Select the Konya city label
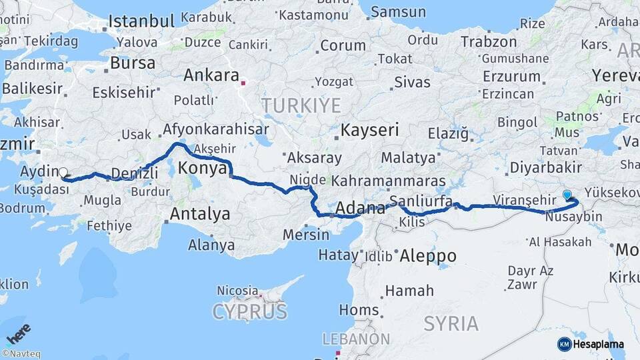[203, 168]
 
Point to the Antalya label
[200, 214]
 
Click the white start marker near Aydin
[63, 173]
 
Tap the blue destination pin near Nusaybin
[567, 195]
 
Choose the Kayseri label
[369, 129]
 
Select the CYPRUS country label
[249, 311]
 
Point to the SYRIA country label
[451, 324]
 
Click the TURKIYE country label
[301, 105]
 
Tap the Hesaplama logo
[591, 344]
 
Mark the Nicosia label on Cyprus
[237, 291]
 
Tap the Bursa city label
[133, 63]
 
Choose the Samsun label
[398, 11]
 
